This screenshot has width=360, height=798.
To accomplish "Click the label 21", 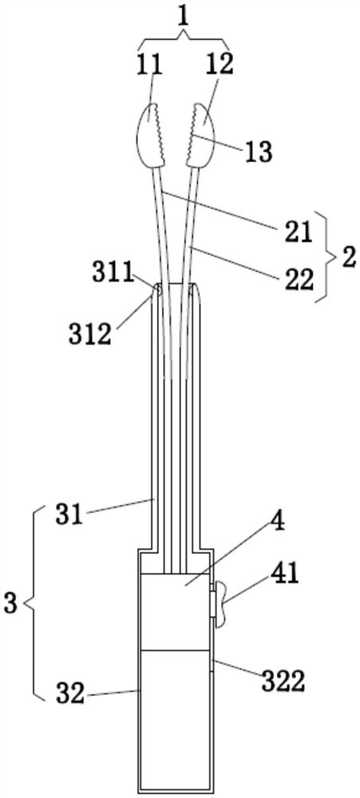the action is [296, 232].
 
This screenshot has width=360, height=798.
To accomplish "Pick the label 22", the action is [298, 279].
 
